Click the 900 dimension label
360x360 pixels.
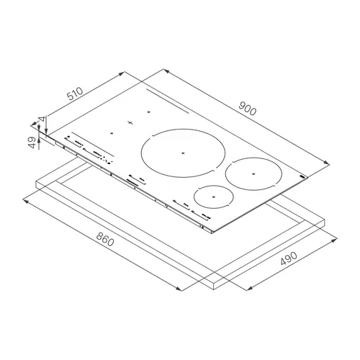(248, 109)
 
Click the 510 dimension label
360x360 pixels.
(75, 94)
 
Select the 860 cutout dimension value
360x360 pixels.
(105, 240)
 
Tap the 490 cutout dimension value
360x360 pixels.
(289, 258)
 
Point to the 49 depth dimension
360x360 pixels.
(32, 143)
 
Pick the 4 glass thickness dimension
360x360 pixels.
(42, 120)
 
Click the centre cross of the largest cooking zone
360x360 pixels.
(183, 153)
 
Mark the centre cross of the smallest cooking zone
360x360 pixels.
(214, 197)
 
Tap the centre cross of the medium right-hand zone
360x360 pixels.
(253, 174)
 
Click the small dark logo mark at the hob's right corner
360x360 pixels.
(303, 177)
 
